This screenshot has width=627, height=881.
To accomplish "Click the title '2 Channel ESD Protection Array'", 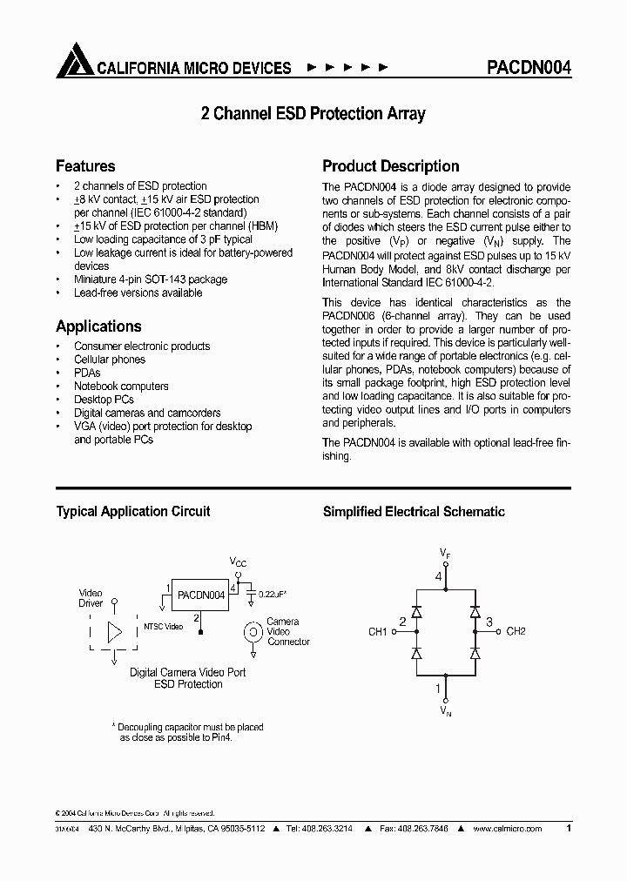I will (313, 114).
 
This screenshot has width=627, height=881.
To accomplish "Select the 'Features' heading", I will (85, 166).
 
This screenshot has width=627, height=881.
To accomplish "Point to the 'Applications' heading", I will (98, 326).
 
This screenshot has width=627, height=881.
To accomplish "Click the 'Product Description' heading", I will (391, 166).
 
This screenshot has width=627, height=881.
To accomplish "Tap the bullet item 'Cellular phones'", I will (110, 360).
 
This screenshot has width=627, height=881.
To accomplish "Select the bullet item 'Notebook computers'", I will (121, 387).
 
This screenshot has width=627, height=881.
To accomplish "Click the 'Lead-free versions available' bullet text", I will (138, 293).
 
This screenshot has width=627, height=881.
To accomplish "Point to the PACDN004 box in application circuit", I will (200, 595).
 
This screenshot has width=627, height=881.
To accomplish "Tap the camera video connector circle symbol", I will (253, 632).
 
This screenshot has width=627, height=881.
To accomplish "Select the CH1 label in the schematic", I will (377, 631).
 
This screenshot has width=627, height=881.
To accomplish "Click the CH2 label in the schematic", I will (516, 631).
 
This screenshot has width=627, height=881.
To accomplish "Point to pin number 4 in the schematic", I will (439, 576).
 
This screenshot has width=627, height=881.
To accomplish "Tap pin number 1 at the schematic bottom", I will (439, 688).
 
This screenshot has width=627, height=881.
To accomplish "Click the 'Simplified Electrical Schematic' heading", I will (414, 512).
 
